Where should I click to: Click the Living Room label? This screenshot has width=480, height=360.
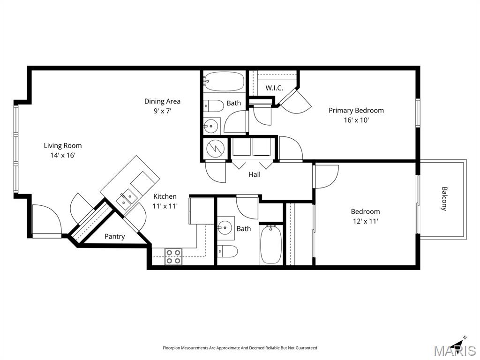click(63, 145)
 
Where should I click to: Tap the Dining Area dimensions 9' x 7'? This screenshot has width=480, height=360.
click(162, 111)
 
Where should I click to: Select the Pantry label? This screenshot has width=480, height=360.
click(114, 236)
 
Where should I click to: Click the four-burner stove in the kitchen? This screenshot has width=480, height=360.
click(173, 256)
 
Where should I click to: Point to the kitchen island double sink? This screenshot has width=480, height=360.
click(124, 199)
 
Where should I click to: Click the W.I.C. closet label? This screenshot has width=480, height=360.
click(274, 88)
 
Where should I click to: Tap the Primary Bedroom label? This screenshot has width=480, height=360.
click(356, 110)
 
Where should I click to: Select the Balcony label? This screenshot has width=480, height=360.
click(444, 199)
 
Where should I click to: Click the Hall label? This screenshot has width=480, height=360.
click(255, 174)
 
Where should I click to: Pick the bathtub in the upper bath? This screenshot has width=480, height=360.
click(224, 82)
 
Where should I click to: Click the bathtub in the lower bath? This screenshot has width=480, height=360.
click(271, 244)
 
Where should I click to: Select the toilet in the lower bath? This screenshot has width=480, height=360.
click(228, 251)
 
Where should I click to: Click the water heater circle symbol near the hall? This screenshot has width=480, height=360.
click(215, 148)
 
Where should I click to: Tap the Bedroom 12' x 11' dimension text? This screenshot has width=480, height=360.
click(365, 221)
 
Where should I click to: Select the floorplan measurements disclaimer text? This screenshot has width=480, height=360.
click(240, 348)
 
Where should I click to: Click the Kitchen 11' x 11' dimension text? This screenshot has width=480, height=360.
click(165, 206)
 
